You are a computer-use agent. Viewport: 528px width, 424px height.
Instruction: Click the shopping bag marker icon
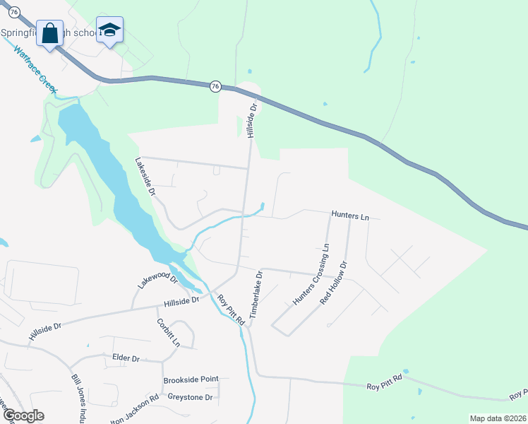point(50,33)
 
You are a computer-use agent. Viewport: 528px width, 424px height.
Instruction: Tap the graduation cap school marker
point(109,30)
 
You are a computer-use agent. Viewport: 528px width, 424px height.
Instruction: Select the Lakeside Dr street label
point(145,176)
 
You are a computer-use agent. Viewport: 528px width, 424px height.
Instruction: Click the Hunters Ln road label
point(350,216)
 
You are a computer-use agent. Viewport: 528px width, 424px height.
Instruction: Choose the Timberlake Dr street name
point(256,293)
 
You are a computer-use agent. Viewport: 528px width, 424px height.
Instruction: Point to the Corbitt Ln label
point(168,333)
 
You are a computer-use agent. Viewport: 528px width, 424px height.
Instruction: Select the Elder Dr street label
point(126,358)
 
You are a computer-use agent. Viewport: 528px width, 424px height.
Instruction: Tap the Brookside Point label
point(191,379)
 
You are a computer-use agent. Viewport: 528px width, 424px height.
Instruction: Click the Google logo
point(23,416)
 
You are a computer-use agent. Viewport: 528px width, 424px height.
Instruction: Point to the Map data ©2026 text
point(498,418)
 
